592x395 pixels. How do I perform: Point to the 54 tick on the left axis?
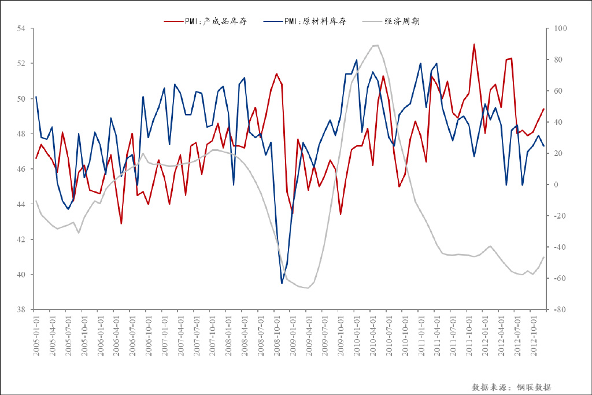[x=22, y=28]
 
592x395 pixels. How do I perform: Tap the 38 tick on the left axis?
[x=22, y=310]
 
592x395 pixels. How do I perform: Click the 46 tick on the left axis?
[x=22, y=169]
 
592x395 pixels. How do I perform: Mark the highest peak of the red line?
[x=474, y=44]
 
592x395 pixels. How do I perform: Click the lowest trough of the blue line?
[x=282, y=283]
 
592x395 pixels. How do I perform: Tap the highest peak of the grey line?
[x=377, y=45]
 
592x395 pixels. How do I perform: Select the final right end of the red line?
[x=543, y=109]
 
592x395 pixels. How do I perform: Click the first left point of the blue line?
[x=36, y=97]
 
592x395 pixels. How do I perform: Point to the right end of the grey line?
[x=543, y=257]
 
